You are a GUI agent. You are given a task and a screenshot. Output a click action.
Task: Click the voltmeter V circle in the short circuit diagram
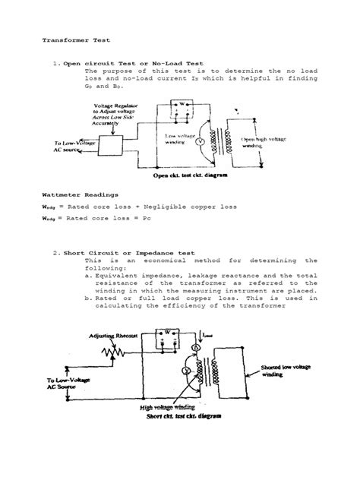(x=185, y=370)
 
